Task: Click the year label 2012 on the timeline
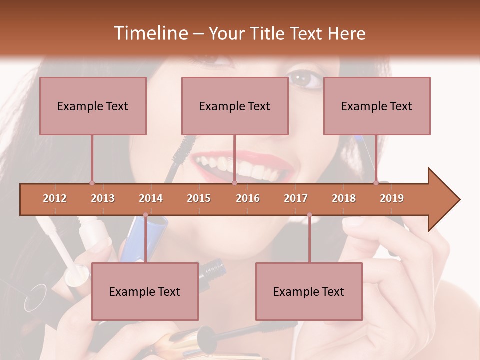55,198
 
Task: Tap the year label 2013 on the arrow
103,198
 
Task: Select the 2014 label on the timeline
151,198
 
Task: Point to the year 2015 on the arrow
199,198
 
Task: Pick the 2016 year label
248,198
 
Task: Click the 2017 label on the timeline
296,198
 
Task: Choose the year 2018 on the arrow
344,198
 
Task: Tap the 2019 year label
392,198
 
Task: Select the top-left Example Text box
93,106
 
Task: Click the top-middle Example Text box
235,106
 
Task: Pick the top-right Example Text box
377,106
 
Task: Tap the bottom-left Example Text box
145,291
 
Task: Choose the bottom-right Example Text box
309,291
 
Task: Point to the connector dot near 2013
92,183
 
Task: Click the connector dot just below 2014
145,215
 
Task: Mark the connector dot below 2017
309,215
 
